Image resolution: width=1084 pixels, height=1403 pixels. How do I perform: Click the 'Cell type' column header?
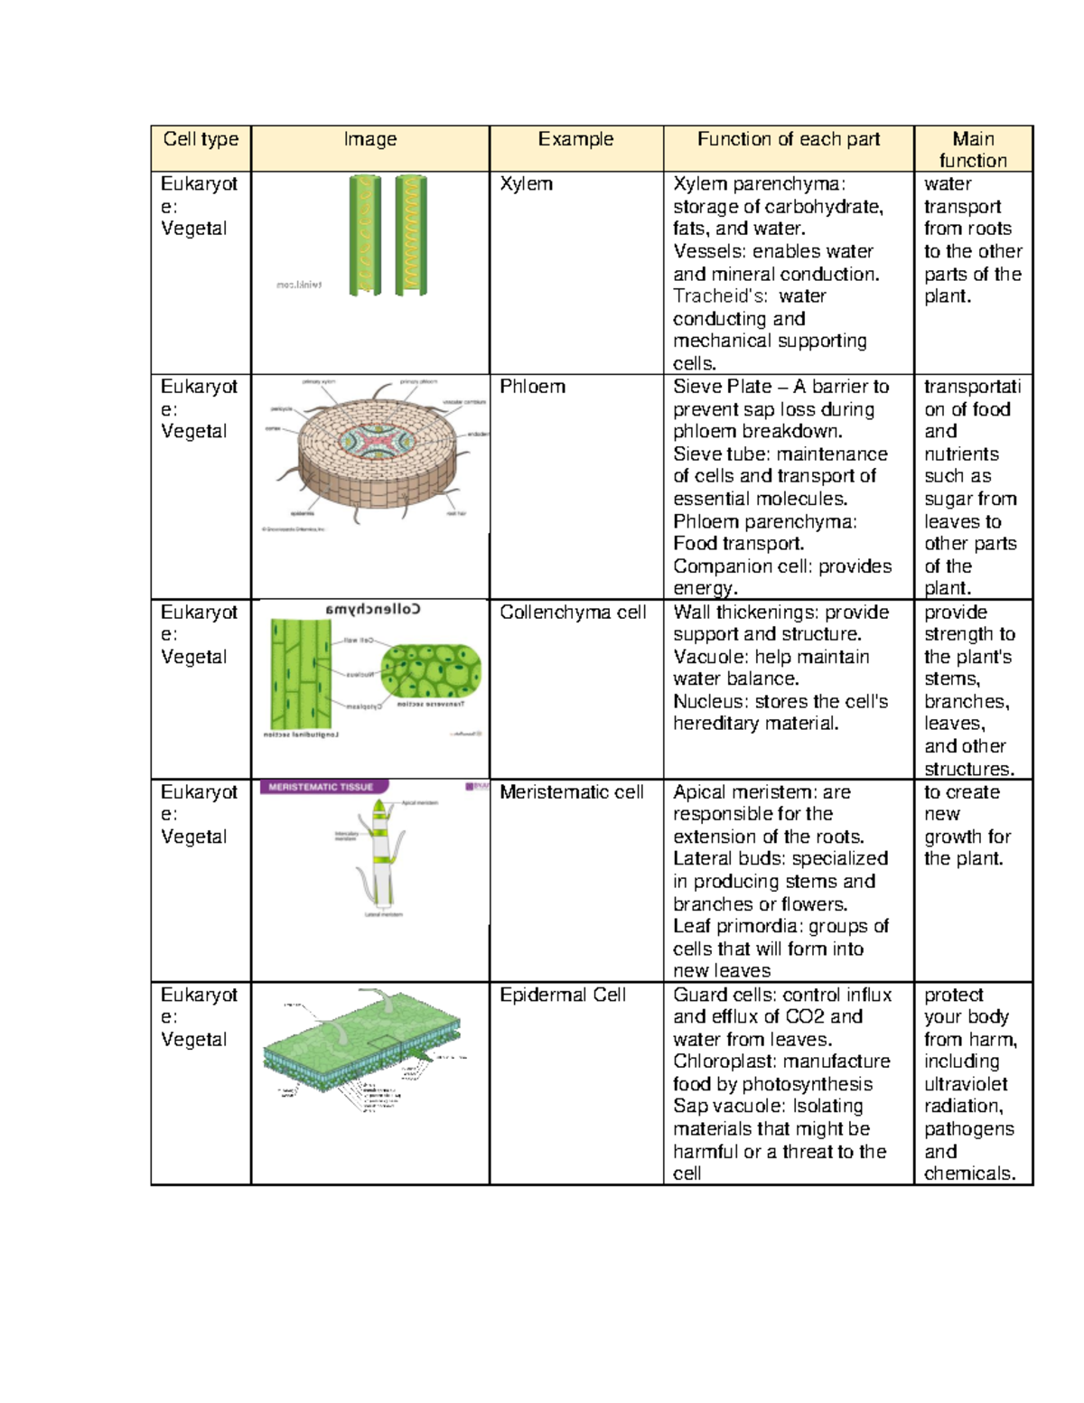coord(201,139)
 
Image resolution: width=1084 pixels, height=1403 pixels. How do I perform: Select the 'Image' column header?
coord(369,139)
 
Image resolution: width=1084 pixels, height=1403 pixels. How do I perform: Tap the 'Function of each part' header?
coord(788,139)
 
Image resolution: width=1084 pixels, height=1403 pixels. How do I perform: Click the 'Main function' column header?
coord(973,149)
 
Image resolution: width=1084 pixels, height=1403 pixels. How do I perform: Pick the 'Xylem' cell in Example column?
coord(526,183)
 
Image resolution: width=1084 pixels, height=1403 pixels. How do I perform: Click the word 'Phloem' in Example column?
coord(532,387)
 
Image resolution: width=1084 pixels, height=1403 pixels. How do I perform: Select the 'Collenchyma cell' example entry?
coord(573,613)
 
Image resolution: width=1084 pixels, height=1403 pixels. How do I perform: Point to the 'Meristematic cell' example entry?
coord(571,792)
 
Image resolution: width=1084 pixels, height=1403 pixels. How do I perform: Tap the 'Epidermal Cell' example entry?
coord(562,995)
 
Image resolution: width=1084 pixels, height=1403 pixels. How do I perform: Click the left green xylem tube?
coord(365,235)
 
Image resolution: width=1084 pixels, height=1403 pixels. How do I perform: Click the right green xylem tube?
coord(411,235)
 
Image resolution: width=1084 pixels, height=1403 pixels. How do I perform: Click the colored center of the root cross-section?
coord(377,441)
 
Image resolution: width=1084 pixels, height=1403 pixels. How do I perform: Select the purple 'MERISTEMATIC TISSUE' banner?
coord(322,787)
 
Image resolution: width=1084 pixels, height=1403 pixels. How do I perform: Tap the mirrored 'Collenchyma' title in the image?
coord(373,609)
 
